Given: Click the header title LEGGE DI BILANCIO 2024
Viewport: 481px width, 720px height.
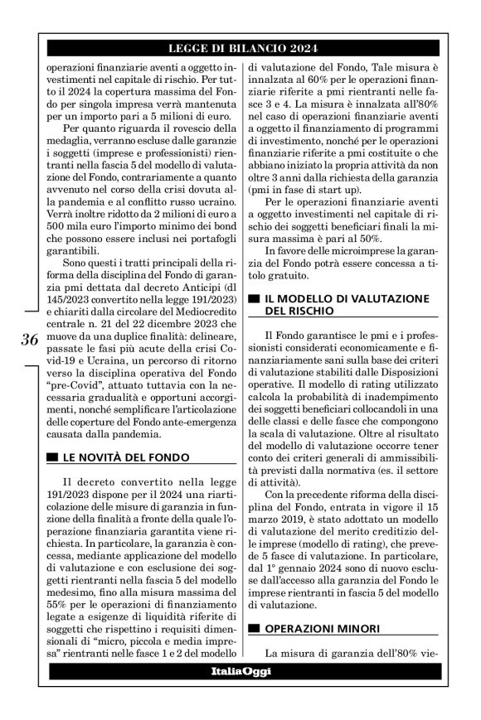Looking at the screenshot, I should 248,49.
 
